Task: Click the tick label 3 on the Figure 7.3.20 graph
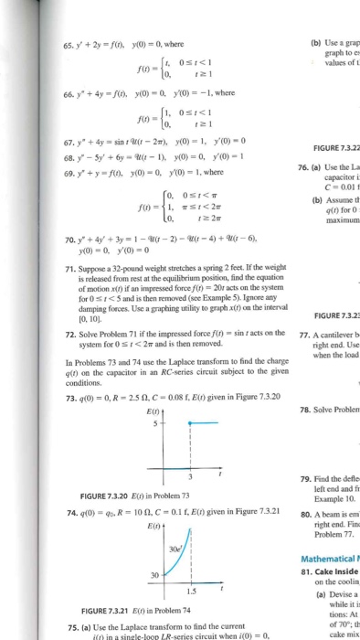coord(138,481)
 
